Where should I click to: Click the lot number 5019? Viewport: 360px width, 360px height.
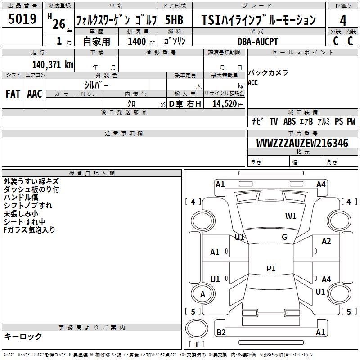pos(22,18)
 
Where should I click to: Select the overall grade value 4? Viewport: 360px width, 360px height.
pos(343,21)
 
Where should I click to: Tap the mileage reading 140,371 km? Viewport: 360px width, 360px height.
pos(53,65)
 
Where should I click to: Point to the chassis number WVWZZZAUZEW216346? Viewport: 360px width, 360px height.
pos(302,143)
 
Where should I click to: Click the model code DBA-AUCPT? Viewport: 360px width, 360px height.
pos(257,41)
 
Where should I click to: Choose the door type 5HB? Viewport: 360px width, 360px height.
pos(174,20)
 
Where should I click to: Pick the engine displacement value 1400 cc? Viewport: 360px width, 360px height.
pos(141,41)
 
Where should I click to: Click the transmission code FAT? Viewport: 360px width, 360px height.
pos(13,94)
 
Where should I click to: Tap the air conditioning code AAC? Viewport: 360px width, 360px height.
pos(35,94)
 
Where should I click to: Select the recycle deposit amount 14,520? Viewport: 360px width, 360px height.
pos(225,103)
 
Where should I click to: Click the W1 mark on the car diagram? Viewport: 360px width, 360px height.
pos(291,216)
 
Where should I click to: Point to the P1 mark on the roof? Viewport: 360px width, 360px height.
pos(271,268)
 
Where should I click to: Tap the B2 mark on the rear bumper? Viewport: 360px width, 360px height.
pos(221,332)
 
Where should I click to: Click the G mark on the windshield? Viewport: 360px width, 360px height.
pos(284,237)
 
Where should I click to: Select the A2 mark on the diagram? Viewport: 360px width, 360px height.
pos(326,241)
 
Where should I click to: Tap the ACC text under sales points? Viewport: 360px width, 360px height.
pos(253,82)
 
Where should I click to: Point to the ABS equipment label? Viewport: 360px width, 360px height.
pos(289,121)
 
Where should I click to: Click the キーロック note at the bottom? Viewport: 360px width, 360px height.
pos(23,336)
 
